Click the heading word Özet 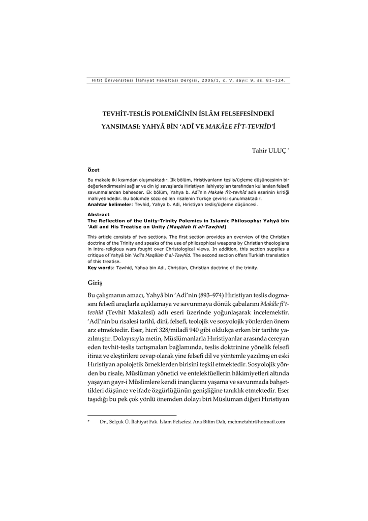[93, 170]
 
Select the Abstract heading [98, 215]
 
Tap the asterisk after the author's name [289, 149]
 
